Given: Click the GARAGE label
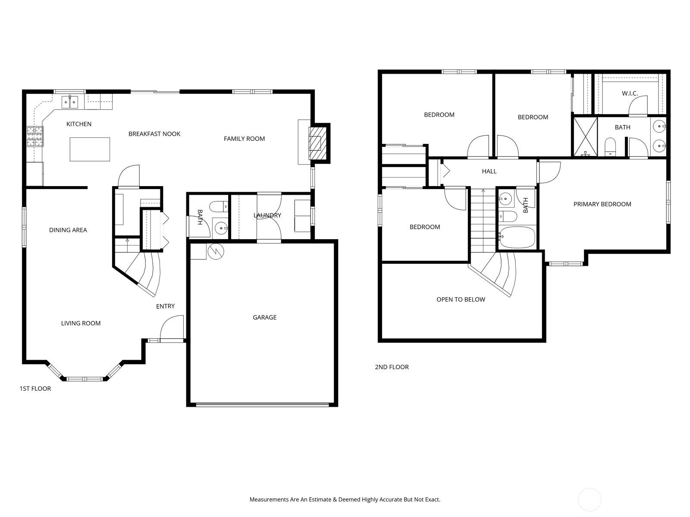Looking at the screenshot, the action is point(264,318).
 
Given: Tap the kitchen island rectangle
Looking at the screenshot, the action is point(90,149).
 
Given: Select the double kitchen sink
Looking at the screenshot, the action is point(70,102).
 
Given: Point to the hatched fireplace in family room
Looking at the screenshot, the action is point(315,143).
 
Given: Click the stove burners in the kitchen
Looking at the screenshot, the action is point(35,136).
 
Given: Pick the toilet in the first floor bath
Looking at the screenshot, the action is point(219,206).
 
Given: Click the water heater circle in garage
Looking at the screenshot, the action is point(216,251).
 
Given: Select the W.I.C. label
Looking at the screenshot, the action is point(630,93).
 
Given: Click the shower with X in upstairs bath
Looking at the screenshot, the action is point(585,137).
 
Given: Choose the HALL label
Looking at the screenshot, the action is point(489,171).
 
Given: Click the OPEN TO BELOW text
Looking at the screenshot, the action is point(461,299).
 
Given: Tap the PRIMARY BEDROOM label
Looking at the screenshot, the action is point(602,204).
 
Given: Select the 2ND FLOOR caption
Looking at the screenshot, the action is point(392,367).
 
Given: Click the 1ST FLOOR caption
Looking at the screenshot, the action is point(35,389).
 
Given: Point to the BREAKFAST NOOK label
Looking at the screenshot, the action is point(154,134).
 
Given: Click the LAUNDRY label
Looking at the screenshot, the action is point(267,215).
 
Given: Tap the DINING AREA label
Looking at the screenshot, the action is point(68,230).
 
